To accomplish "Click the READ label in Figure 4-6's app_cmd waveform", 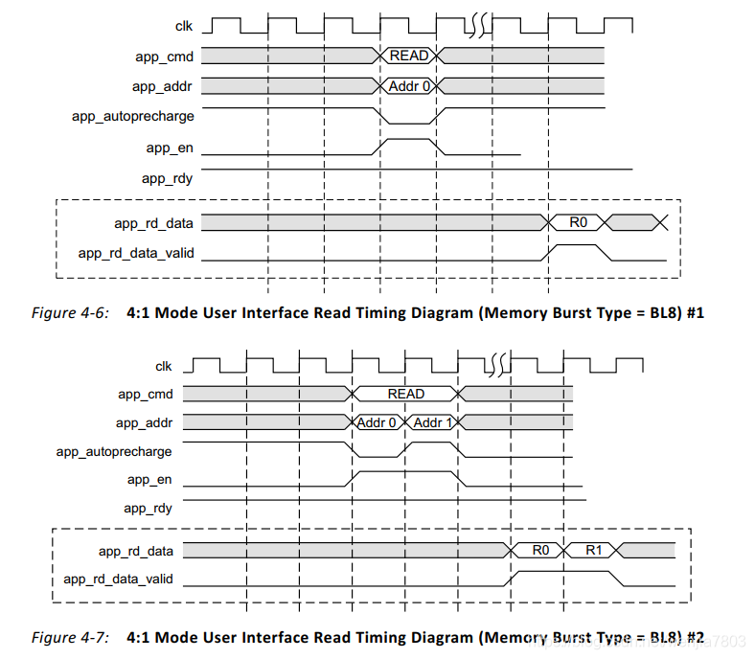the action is [x=409, y=56].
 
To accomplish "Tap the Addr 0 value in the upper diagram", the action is [x=409, y=86].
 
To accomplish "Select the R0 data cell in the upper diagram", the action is [x=578, y=222].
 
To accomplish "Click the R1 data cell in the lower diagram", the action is [x=593, y=550].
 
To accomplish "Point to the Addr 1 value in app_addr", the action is [x=433, y=422].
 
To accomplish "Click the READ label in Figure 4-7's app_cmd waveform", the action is [x=405, y=393].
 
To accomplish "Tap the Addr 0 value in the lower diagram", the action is [x=377, y=422].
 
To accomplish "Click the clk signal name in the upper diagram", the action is [x=184, y=26].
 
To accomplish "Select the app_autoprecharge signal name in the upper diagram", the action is [x=133, y=116].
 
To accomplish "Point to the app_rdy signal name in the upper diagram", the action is [x=168, y=178].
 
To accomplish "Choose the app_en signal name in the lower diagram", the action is [x=149, y=480].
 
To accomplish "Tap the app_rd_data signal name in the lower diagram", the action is [x=136, y=550].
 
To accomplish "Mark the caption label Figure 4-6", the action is [x=69, y=312].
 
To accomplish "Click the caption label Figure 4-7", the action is [x=69, y=637].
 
